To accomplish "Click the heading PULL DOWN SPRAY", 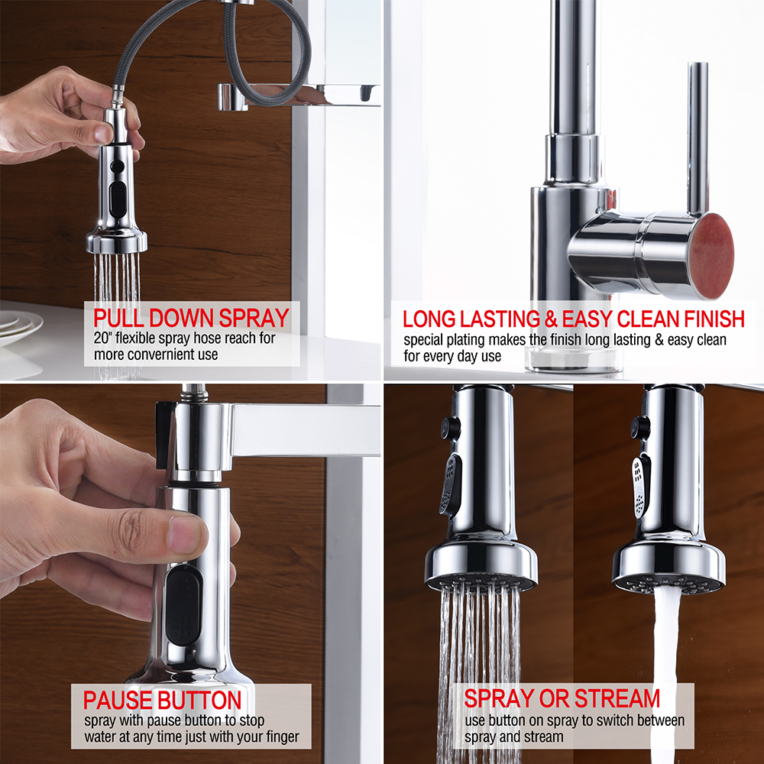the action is pyautogui.click(x=192, y=318).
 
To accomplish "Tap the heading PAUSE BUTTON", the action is pyautogui.click(x=162, y=700).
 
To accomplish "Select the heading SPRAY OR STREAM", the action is pyautogui.click(x=562, y=698).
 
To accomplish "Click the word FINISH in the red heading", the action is pyautogui.click(x=714, y=319).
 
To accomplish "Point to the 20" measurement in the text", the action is pyautogui.click(x=102, y=338).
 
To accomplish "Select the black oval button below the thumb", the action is pyautogui.click(x=183, y=605).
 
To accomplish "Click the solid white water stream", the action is pyautogui.click(x=665, y=672).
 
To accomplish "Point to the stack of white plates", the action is pyautogui.click(x=20, y=329).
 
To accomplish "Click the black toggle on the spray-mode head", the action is pyautogui.click(x=450, y=485).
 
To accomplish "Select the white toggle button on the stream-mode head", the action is pyautogui.click(x=641, y=486).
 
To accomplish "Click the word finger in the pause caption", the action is pyautogui.click(x=282, y=737).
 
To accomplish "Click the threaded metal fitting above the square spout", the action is pyautogui.click(x=194, y=392).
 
